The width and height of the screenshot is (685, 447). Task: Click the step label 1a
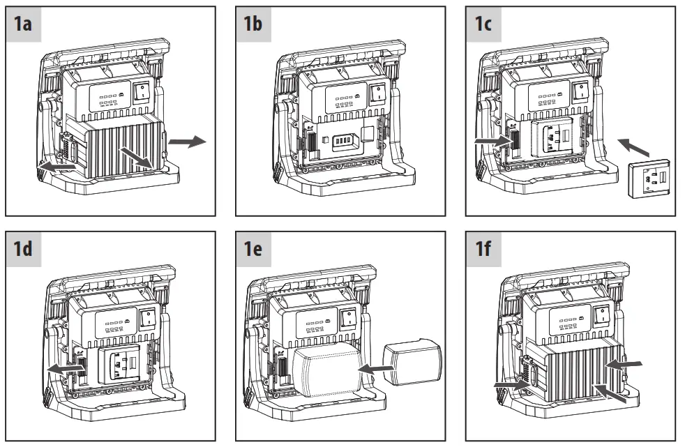click(23, 24)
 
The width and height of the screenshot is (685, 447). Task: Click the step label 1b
click(253, 24)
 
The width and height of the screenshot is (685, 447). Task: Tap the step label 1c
click(483, 24)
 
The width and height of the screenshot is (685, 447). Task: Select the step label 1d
click(23, 249)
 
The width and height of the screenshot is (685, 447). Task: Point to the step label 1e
click(253, 249)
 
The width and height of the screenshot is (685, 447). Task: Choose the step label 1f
click(483, 249)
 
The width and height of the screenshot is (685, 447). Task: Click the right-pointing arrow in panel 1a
click(187, 141)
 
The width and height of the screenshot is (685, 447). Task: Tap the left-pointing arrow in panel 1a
click(57, 167)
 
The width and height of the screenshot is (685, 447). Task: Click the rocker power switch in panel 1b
click(377, 93)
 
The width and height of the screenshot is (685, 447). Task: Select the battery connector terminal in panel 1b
click(345, 142)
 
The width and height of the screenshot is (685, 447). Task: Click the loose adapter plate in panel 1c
click(649, 179)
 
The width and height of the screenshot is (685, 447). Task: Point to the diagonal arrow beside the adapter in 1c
click(633, 147)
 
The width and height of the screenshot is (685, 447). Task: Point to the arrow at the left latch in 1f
click(512, 385)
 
